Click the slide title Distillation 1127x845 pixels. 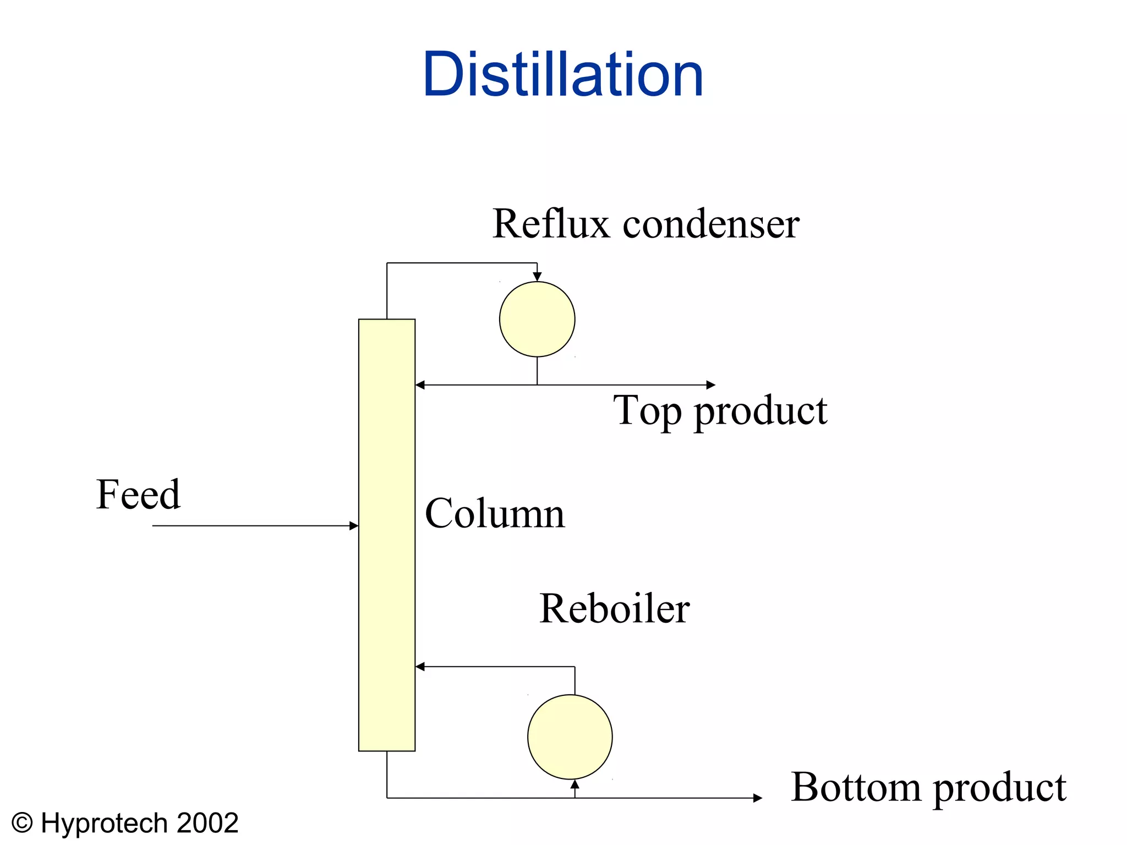click(563, 74)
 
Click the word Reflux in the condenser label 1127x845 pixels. click(551, 224)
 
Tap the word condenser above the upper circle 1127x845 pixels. click(710, 224)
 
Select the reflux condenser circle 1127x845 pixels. click(537, 319)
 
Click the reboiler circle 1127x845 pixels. click(570, 737)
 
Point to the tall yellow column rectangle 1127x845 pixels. click(387, 535)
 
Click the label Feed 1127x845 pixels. click(138, 494)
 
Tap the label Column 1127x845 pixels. click(495, 513)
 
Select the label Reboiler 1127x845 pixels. click(614, 608)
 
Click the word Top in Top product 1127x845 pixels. click(647, 411)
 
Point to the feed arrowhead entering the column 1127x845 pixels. click(354, 526)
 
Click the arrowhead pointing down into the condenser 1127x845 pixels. click(537, 277)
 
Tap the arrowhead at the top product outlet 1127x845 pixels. click(711, 385)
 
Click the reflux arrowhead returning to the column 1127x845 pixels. click(420, 385)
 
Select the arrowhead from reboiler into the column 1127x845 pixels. click(420, 667)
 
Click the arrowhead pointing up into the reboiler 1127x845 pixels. click(575, 784)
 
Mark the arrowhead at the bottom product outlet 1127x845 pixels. click(758, 798)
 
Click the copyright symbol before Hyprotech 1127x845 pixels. click(23, 823)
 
